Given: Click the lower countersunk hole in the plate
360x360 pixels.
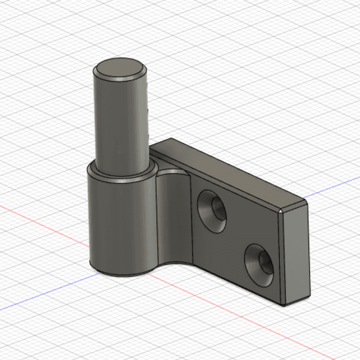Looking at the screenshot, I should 260,264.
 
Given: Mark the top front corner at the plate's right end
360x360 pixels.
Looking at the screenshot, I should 281,210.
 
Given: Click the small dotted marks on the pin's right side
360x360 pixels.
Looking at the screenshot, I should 149,115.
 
